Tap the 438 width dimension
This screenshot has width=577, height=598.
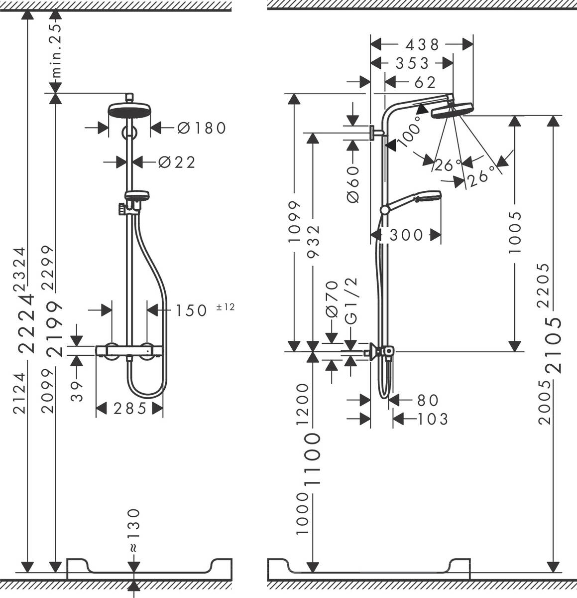point(422,44)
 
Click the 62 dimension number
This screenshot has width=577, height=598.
point(425,82)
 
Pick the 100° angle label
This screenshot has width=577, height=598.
point(409,133)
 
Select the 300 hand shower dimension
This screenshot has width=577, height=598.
point(406,235)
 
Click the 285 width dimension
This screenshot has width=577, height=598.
point(129,409)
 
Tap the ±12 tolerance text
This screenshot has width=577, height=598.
point(225,307)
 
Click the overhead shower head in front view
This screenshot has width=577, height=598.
point(129,110)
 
